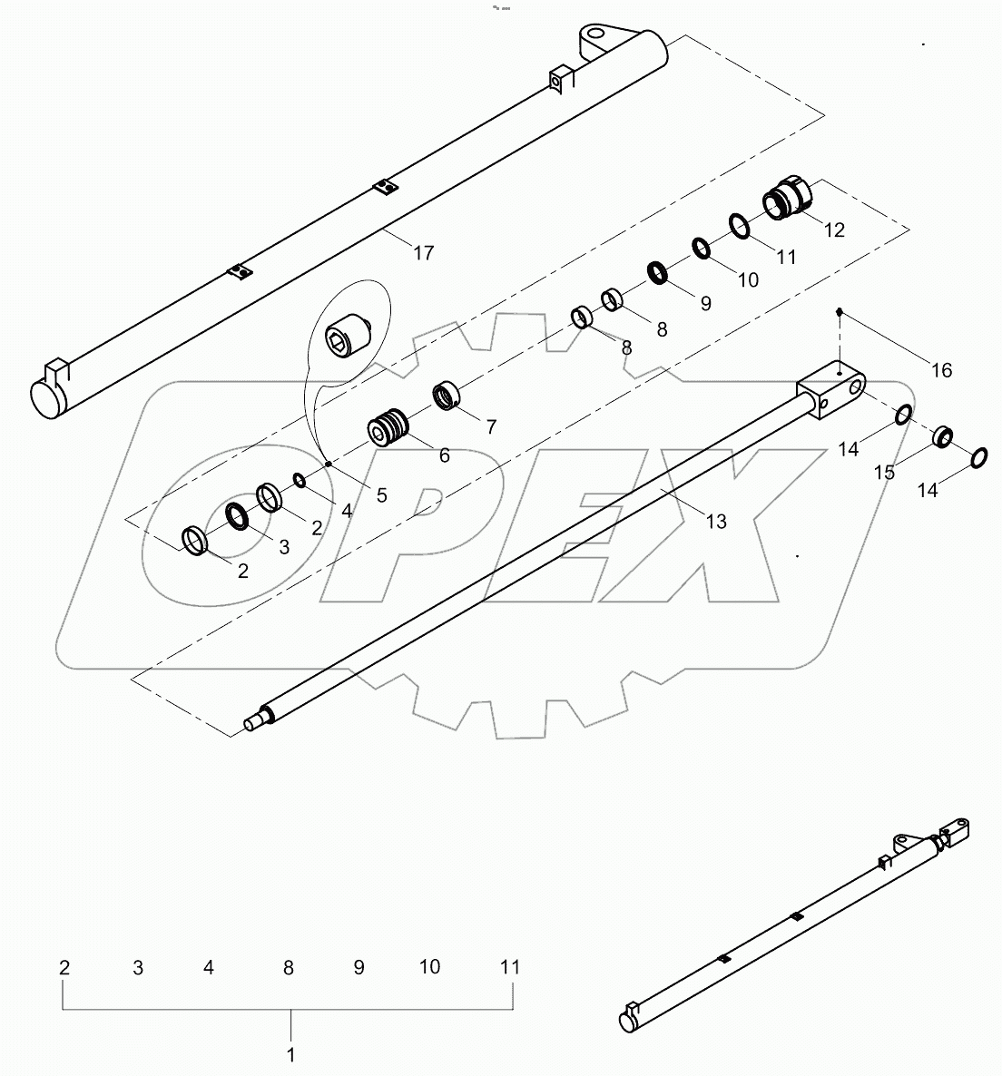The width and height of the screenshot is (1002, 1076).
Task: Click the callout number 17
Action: (x=423, y=253)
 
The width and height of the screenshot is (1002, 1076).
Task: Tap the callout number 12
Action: (x=833, y=230)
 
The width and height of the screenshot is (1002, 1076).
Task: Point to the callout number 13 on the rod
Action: (x=715, y=522)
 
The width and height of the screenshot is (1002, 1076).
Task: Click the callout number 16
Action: (x=941, y=370)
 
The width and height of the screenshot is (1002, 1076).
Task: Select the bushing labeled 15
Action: (x=943, y=436)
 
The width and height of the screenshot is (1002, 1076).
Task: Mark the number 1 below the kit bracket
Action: (x=290, y=1055)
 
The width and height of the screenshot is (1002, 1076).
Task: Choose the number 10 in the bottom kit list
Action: (x=429, y=967)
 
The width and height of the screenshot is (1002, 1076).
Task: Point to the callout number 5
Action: (x=381, y=495)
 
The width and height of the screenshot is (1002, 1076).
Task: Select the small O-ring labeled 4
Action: (x=299, y=479)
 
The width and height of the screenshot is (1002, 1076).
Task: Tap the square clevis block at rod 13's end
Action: (x=830, y=390)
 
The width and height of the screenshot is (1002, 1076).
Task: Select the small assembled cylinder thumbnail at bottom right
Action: (x=799, y=925)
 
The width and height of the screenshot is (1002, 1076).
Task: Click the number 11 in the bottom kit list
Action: (x=510, y=967)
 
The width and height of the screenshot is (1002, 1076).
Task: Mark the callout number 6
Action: (x=444, y=456)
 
